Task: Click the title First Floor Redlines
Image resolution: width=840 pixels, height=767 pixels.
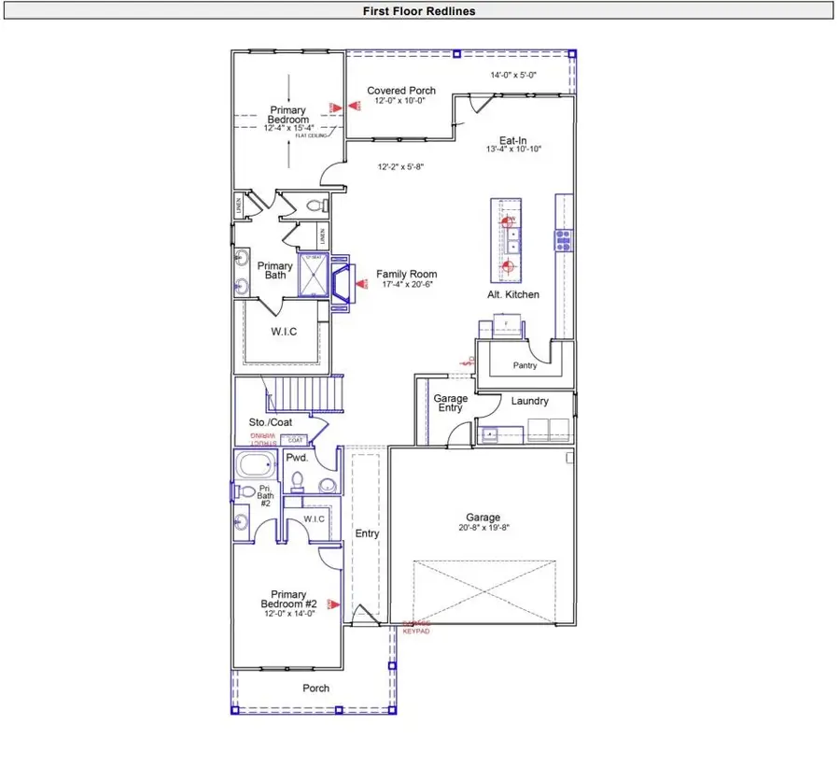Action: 419,11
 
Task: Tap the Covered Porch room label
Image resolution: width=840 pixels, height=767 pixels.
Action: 400,91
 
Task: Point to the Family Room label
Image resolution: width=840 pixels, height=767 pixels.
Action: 406,274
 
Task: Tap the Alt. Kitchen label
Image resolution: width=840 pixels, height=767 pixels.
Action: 513,294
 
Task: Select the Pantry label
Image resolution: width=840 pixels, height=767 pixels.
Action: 525,365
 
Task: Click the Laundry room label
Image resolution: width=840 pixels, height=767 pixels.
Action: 529,401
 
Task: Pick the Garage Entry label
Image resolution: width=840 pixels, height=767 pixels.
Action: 451,404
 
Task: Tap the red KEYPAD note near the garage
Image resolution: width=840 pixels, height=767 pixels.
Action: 416,632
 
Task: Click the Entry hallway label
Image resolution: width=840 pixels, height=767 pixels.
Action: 367,533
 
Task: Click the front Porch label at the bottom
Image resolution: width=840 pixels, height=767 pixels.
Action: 315,689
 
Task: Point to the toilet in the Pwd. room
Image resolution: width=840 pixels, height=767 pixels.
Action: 298,482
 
